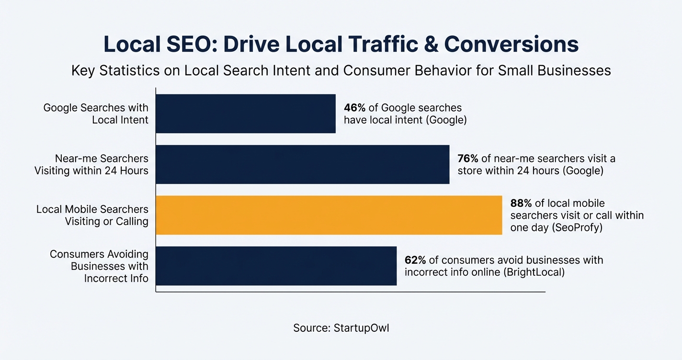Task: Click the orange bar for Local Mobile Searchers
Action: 329,215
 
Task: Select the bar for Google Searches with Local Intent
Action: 246,113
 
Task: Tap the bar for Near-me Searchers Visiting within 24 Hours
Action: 303,164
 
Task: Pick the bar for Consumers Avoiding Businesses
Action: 276,266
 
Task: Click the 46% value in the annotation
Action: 354,108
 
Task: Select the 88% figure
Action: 521,203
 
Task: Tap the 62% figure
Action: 415,260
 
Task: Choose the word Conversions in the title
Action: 511,45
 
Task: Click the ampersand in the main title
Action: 430,45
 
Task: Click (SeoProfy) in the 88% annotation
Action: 577,228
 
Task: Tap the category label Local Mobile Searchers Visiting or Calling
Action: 92,215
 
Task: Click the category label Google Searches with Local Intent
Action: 96,113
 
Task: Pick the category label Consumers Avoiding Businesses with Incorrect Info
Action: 99,266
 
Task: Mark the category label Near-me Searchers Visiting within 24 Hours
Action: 91,164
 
